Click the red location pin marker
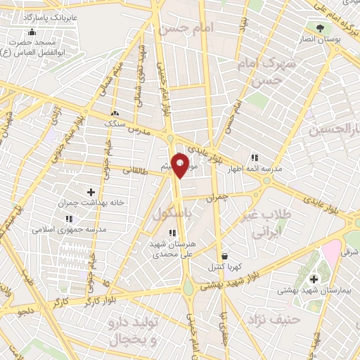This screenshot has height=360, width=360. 180,164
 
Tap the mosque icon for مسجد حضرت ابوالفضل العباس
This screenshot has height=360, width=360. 32,32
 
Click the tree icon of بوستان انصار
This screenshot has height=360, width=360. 321,29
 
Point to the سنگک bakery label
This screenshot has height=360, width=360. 115,123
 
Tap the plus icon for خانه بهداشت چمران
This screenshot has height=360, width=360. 91,191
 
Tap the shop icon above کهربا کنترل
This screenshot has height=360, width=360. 224,255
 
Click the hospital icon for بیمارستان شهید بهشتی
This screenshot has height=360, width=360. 314,279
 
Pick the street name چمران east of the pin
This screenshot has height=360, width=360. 218,199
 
